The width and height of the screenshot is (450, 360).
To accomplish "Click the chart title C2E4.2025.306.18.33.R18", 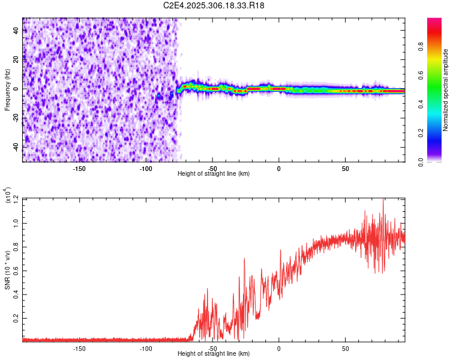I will coord(214,5).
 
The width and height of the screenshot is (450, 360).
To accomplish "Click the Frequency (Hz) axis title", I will coord(7,90).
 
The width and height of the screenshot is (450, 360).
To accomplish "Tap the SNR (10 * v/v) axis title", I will coord(7,270).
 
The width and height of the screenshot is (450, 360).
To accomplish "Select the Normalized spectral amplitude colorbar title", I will coord(445,90).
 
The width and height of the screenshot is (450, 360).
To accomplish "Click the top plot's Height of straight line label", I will coord(214,173).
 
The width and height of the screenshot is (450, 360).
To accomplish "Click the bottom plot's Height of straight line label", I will coord(214,353).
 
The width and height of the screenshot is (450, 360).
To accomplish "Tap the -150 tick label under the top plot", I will coord(79,168).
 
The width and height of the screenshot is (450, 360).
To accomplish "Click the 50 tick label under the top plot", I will coord(346,168).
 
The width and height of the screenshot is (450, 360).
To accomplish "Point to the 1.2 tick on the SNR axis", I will coord(17,198).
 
